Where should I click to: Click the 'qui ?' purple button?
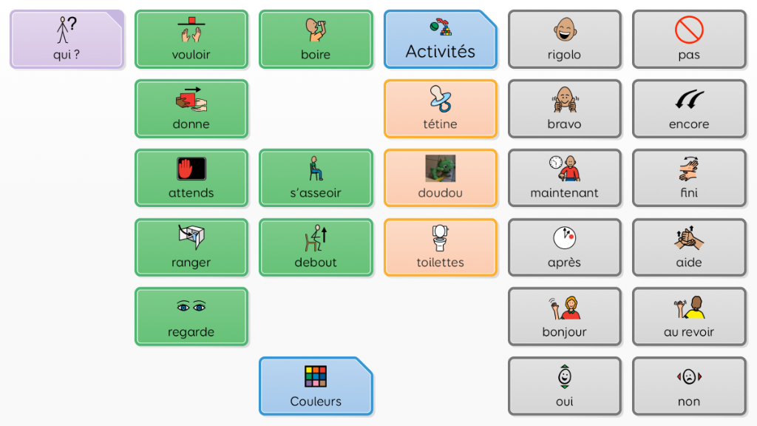tap(67, 39)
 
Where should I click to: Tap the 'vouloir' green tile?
tap(191, 39)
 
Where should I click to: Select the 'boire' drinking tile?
tap(316, 39)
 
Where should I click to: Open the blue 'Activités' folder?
tap(441, 39)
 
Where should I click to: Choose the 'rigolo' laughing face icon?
tap(564, 30)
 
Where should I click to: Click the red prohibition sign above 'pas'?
tap(689, 30)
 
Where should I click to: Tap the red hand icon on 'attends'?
tap(191, 169)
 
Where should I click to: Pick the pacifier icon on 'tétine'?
tap(441, 99)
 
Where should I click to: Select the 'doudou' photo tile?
tap(441, 177)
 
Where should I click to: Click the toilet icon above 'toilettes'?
tap(441, 238)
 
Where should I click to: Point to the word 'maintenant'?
tap(564, 193)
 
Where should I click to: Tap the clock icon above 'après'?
tap(564, 238)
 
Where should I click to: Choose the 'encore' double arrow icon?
tap(689, 100)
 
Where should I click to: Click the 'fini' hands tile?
tap(689, 177)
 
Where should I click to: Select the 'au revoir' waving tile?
tap(689, 317)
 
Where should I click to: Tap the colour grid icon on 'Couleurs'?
tap(316, 376)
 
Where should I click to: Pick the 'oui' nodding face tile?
tap(564, 386)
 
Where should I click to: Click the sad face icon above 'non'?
tap(689, 377)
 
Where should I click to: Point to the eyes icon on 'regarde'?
tap(191, 307)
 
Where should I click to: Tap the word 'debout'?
tap(316, 263)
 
